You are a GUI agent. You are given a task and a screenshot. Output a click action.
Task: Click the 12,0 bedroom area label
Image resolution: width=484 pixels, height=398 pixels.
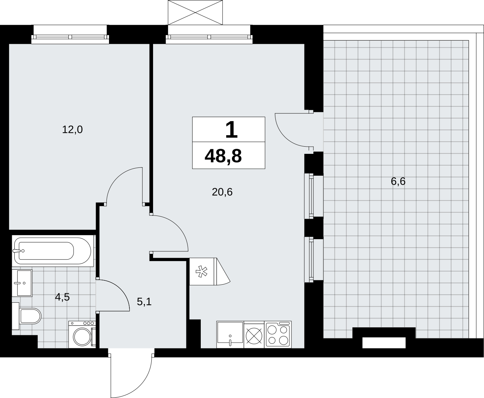tap(72, 130)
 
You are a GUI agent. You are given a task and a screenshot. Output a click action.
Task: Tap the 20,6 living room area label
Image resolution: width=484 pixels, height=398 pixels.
tap(222, 192)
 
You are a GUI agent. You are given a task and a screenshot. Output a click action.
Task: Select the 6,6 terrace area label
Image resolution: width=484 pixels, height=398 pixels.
tap(398, 181)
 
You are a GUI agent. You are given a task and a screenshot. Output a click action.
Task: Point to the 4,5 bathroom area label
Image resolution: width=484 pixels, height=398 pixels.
tap(62, 297)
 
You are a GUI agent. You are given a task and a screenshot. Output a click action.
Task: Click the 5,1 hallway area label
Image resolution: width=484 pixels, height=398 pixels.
tap(144, 302)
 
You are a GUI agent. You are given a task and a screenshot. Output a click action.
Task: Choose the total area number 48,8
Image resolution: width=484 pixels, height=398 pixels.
tap(223, 156)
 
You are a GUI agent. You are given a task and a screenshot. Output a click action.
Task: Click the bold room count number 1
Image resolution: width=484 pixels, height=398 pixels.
tap(231, 130)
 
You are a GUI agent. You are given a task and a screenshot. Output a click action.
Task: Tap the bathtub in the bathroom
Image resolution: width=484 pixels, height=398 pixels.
tap(53, 251)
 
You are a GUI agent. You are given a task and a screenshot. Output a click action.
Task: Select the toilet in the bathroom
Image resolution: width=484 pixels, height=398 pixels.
tap(27, 316)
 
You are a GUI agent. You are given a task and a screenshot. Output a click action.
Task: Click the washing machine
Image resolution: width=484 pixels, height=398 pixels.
tap(82, 335)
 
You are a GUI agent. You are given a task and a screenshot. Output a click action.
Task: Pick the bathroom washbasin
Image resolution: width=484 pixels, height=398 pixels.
tap(22, 283)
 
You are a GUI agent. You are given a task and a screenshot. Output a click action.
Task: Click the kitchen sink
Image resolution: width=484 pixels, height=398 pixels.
tap(230, 335)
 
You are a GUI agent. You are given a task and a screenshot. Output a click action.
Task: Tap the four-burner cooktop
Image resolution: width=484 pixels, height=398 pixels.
tap(278, 335)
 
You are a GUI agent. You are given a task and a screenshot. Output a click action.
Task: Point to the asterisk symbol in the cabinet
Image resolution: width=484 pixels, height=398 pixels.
tap(201, 271)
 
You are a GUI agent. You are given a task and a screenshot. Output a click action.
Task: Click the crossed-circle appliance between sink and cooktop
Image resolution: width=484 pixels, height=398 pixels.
tap(254, 336)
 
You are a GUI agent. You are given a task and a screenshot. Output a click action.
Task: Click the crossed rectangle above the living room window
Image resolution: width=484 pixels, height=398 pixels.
tap(195, 13)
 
